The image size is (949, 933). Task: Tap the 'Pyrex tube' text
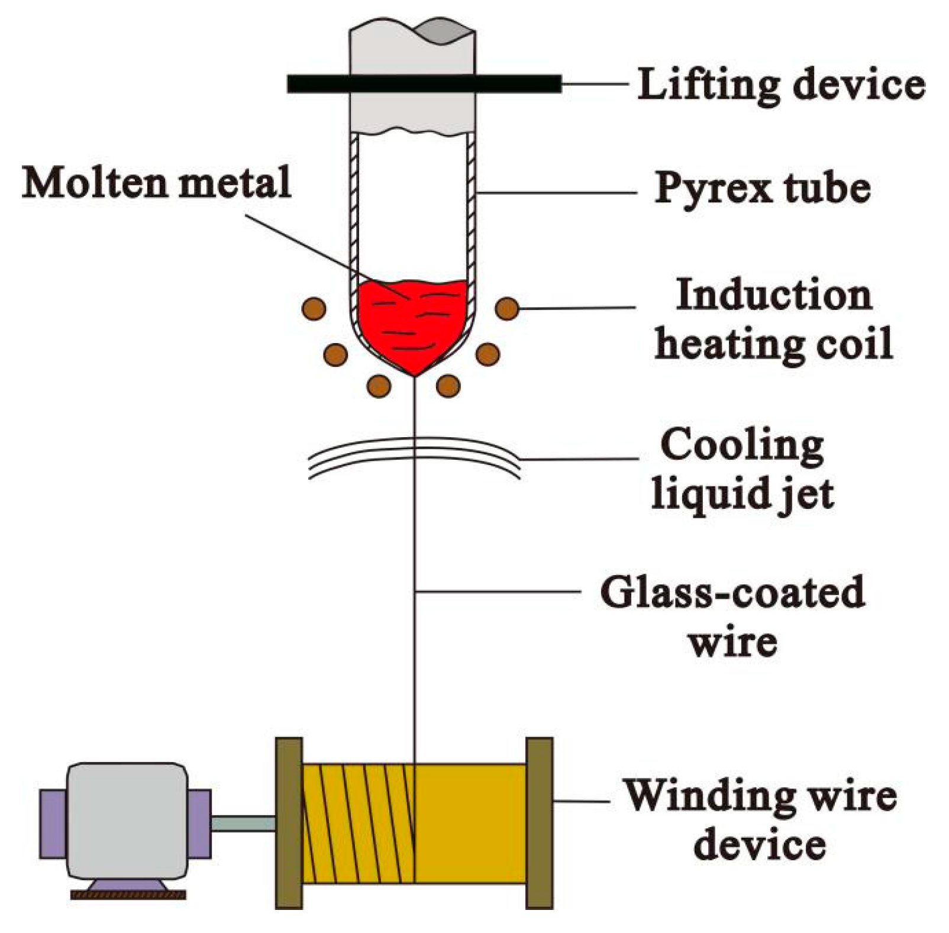pos(762,188)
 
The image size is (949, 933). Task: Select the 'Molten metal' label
pos(157,182)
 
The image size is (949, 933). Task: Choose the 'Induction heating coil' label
pos(773,319)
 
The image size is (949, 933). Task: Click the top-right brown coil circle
pos(507,308)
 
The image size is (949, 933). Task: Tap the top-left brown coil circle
pos(314,308)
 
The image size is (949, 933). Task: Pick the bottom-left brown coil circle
pos(379,386)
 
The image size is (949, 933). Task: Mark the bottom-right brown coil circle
pos(448,386)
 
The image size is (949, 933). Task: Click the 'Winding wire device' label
pos(760,819)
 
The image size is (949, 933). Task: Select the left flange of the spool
pos(289,822)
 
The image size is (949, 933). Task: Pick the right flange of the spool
pos(539,822)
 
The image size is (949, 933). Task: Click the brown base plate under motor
pos(128,895)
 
